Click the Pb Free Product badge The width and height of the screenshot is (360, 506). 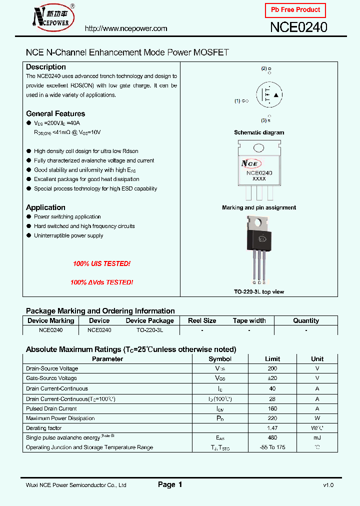tap(295, 10)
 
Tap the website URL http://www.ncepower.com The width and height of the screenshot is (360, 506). tap(126, 28)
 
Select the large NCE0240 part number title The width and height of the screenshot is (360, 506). tap(298, 27)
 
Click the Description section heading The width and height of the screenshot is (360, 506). tap(46, 67)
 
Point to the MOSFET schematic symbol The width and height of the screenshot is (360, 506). tap(269, 94)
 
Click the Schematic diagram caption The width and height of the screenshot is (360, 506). tap(259, 132)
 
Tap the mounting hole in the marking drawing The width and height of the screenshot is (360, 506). tap(259, 148)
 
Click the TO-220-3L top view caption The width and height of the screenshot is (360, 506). tap(259, 291)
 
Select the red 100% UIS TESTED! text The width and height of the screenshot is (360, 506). tap(101, 263)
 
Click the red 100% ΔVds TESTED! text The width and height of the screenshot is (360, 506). tap(101, 282)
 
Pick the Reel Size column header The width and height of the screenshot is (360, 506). tap(202, 320)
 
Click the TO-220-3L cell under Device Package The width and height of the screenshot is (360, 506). tap(149, 330)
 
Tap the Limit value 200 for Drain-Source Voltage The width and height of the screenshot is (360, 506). tap(272, 368)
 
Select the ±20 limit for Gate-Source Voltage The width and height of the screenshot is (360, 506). tap(272, 378)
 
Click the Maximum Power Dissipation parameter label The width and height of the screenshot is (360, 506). tap(60, 418)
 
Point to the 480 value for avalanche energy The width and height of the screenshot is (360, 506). tap(272, 437)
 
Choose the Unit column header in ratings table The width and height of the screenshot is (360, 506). tap(317, 358)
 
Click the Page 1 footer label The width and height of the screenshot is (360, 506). tap(170, 484)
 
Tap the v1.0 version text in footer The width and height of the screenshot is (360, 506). tap(328, 485)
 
